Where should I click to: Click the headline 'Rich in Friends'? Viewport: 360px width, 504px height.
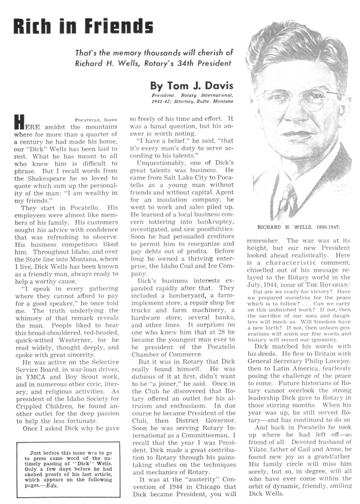pos(83,26)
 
